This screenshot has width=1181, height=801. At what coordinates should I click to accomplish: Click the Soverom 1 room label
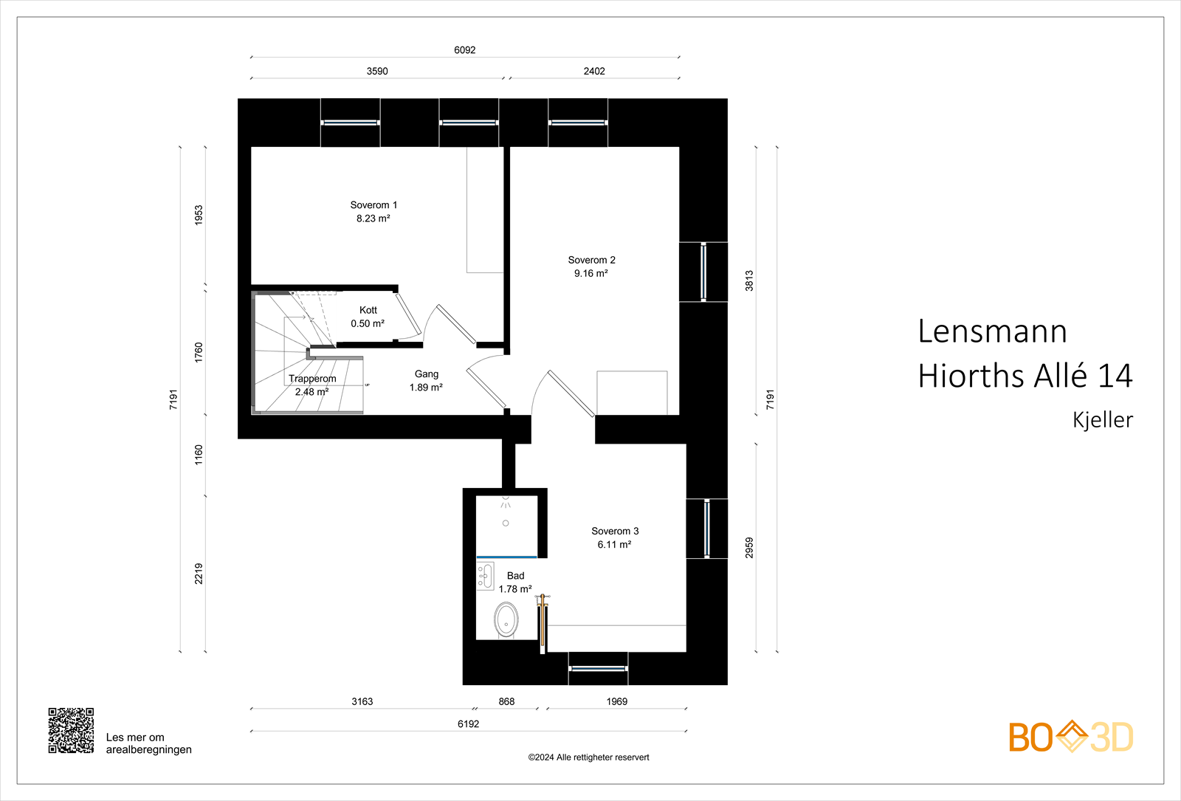point(373,205)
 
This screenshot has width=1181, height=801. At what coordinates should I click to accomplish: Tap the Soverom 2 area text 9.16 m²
point(591,273)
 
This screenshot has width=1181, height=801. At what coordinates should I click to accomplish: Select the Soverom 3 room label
point(615,531)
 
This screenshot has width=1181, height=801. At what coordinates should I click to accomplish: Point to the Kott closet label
point(368,310)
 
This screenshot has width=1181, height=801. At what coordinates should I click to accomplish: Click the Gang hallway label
point(426,374)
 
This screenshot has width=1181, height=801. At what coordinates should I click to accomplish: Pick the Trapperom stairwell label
point(312,379)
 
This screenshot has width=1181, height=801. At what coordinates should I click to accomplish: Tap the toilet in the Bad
point(506,620)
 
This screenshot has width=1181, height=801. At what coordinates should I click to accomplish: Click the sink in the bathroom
point(485,576)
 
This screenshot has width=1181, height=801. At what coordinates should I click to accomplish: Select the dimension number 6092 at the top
point(464,50)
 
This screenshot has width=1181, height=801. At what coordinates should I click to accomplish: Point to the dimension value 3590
point(377,71)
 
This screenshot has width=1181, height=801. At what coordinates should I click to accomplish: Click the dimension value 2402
point(594,71)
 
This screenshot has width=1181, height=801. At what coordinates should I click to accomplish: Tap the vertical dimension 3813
point(749,281)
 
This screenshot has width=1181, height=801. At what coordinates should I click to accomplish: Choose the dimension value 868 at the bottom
point(506,701)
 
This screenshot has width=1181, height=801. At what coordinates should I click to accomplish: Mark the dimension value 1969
point(617,701)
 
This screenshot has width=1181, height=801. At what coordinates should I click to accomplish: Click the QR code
point(71,730)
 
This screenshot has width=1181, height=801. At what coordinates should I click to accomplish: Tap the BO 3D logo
point(1071,737)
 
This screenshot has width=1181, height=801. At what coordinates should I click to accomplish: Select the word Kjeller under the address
point(1103,420)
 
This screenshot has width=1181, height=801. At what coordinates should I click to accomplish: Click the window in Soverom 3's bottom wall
point(598,669)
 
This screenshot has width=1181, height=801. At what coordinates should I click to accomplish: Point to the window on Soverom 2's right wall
point(703,272)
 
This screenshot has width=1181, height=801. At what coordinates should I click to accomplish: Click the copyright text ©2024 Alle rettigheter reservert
point(588,757)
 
